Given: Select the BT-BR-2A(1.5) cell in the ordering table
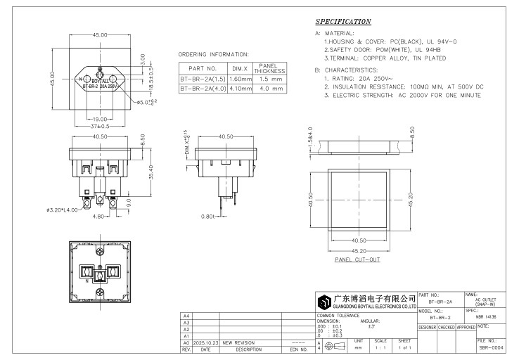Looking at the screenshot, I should pos(203,79).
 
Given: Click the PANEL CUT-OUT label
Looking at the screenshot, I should pos(357,259).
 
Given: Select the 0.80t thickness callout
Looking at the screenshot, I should pos(208,217).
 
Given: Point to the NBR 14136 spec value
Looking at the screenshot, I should pos(479,317).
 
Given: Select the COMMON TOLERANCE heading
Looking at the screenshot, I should pos(338,316).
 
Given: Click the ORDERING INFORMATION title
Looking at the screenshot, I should pos(214,54).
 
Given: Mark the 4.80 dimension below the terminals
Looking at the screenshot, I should pos(79,217).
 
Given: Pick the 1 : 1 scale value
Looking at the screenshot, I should pos(380,347).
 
